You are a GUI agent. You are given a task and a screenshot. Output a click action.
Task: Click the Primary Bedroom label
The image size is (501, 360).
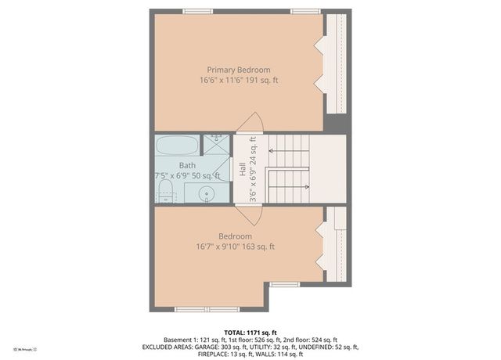(239, 70)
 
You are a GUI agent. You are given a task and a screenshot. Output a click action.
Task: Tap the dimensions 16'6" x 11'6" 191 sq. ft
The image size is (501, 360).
(239, 81)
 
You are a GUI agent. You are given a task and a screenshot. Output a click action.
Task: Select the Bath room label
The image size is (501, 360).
(187, 165)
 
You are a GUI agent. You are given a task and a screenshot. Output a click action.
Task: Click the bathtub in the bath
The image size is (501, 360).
(177, 146)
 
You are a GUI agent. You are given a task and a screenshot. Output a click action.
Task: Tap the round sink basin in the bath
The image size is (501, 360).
(207, 193)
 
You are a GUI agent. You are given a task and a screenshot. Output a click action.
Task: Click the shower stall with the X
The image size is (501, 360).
(217, 146)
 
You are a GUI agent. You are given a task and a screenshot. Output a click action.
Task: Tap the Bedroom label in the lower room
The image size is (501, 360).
(235, 236)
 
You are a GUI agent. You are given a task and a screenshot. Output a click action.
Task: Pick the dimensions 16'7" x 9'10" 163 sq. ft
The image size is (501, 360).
(235, 247)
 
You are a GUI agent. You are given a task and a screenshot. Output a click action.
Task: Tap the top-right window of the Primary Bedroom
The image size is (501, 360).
(301, 11)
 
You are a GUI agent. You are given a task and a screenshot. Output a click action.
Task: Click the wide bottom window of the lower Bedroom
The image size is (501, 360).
(196, 309)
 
